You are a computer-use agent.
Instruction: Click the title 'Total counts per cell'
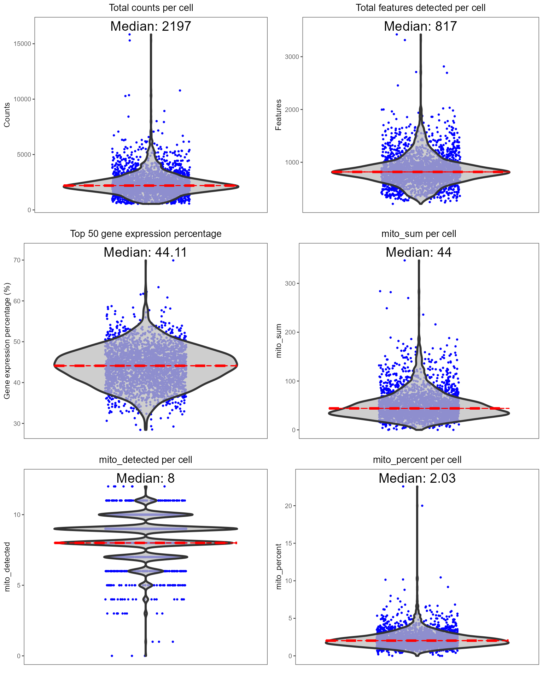tap(151, 8)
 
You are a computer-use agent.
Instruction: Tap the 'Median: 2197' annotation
tap(151, 26)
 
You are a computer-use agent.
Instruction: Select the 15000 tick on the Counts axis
tap(22, 44)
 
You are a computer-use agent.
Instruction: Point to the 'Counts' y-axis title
tap(7, 115)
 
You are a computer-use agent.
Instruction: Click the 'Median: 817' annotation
tap(420, 26)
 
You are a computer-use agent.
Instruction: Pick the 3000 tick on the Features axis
tap(292, 57)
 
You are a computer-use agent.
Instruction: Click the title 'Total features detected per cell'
tap(420, 8)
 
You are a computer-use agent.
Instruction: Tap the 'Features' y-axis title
tap(279, 115)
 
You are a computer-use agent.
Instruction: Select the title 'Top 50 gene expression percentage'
tap(146, 234)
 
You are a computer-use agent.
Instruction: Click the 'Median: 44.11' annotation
tap(145, 252)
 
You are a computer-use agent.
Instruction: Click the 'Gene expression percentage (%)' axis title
tap(7, 341)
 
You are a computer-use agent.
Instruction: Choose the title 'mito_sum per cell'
tap(419, 234)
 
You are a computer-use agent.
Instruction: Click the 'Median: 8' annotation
tap(145, 478)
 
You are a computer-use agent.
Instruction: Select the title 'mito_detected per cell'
tap(145, 460)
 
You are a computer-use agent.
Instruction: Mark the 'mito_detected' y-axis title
tap(7, 567)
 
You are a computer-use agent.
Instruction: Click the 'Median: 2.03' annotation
tap(417, 478)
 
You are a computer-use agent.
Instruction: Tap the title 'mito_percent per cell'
tap(417, 460)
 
